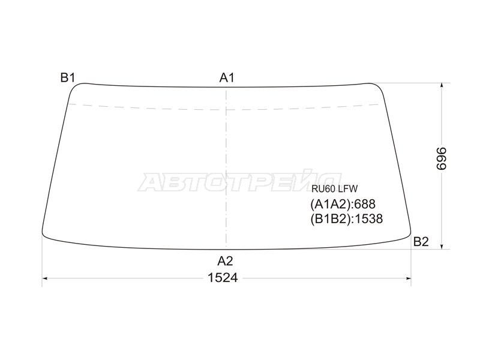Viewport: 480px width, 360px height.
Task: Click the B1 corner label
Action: coord(68,77)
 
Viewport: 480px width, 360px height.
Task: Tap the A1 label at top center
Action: coord(227,78)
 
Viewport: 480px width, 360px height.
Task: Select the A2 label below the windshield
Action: coord(226,261)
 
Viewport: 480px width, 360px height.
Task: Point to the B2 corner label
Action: coord(421,242)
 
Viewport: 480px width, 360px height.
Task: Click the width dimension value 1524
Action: coord(223,278)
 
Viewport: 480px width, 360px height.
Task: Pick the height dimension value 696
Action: coord(442,158)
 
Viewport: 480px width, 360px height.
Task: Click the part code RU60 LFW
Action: coord(335,188)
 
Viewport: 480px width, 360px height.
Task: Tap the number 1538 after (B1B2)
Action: coord(368,218)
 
